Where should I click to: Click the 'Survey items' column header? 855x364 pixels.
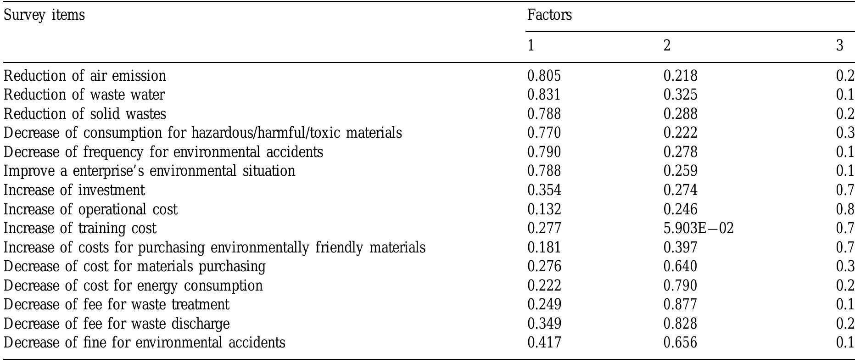pos(44,15)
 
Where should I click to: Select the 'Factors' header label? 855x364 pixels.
pos(549,15)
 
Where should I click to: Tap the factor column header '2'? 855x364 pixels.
pos(667,46)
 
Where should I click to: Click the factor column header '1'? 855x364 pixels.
pos(531,46)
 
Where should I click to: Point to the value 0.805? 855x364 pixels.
pos(544,76)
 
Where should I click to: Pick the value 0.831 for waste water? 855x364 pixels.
pos(544,95)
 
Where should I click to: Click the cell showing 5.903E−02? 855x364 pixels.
pos(698,228)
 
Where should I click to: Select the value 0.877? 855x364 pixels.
pos(680,304)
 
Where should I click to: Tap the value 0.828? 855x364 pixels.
pos(680,324)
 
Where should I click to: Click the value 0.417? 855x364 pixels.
pos(544,342)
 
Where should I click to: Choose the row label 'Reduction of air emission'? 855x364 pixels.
pos(85,76)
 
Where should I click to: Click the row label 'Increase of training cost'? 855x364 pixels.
pos(80,228)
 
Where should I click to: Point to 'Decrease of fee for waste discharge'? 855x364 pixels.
pos(117,324)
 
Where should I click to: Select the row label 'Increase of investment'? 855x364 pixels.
pos(74,190)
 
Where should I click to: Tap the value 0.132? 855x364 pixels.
pos(544,209)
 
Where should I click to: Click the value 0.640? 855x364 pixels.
pos(680,266)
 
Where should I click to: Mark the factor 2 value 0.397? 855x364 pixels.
pos(680,247)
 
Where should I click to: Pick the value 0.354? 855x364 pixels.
pos(544,190)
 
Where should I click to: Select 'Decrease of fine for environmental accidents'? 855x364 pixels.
pos(144,342)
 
